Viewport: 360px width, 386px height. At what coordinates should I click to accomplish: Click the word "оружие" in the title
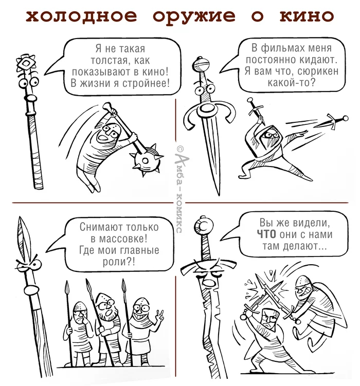tap(194, 16)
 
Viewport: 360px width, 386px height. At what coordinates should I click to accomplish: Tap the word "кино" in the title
tap(307, 16)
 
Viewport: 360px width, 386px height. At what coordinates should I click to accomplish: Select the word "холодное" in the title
tap(81, 16)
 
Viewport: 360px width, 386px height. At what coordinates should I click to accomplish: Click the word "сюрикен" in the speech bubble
tap(318, 71)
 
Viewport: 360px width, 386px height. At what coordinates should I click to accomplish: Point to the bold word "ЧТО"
tap(266, 234)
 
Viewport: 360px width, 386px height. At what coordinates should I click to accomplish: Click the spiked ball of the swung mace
tap(146, 160)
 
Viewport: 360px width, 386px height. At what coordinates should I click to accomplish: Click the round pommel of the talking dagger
tap(200, 64)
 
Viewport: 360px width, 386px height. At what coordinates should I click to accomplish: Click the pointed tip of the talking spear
tap(21, 217)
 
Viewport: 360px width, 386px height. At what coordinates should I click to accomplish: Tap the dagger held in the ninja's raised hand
tap(255, 109)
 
